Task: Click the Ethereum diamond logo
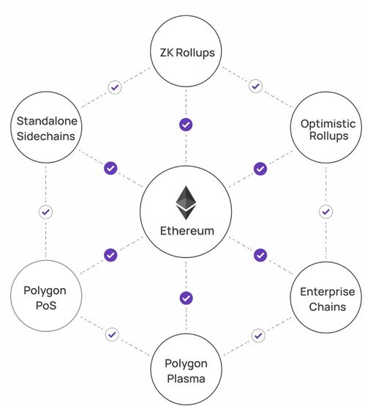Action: [186, 203]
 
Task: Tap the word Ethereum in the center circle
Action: [187, 231]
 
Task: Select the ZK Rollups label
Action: [187, 53]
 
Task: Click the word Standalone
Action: [47, 121]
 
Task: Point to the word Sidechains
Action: [46, 136]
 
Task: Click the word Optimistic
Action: [328, 124]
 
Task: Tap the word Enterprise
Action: [328, 292]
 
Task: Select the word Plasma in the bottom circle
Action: [186, 379]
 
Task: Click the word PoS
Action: [46, 306]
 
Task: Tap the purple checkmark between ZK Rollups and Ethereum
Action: [186, 125]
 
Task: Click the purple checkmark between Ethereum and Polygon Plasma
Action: [186, 298]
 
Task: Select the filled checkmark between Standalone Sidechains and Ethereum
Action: [110, 169]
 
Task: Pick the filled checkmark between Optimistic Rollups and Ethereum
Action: [260, 169]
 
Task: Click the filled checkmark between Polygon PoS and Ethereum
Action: [110, 255]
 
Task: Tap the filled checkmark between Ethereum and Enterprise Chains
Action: [260, 255]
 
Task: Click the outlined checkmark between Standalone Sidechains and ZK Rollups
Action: [115, 87]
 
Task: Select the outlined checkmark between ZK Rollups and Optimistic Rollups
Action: [256, 86]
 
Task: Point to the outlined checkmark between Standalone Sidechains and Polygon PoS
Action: [46, 212]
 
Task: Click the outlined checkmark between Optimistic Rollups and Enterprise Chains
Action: [326, 212]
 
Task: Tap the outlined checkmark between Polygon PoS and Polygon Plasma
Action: [112, 334]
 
